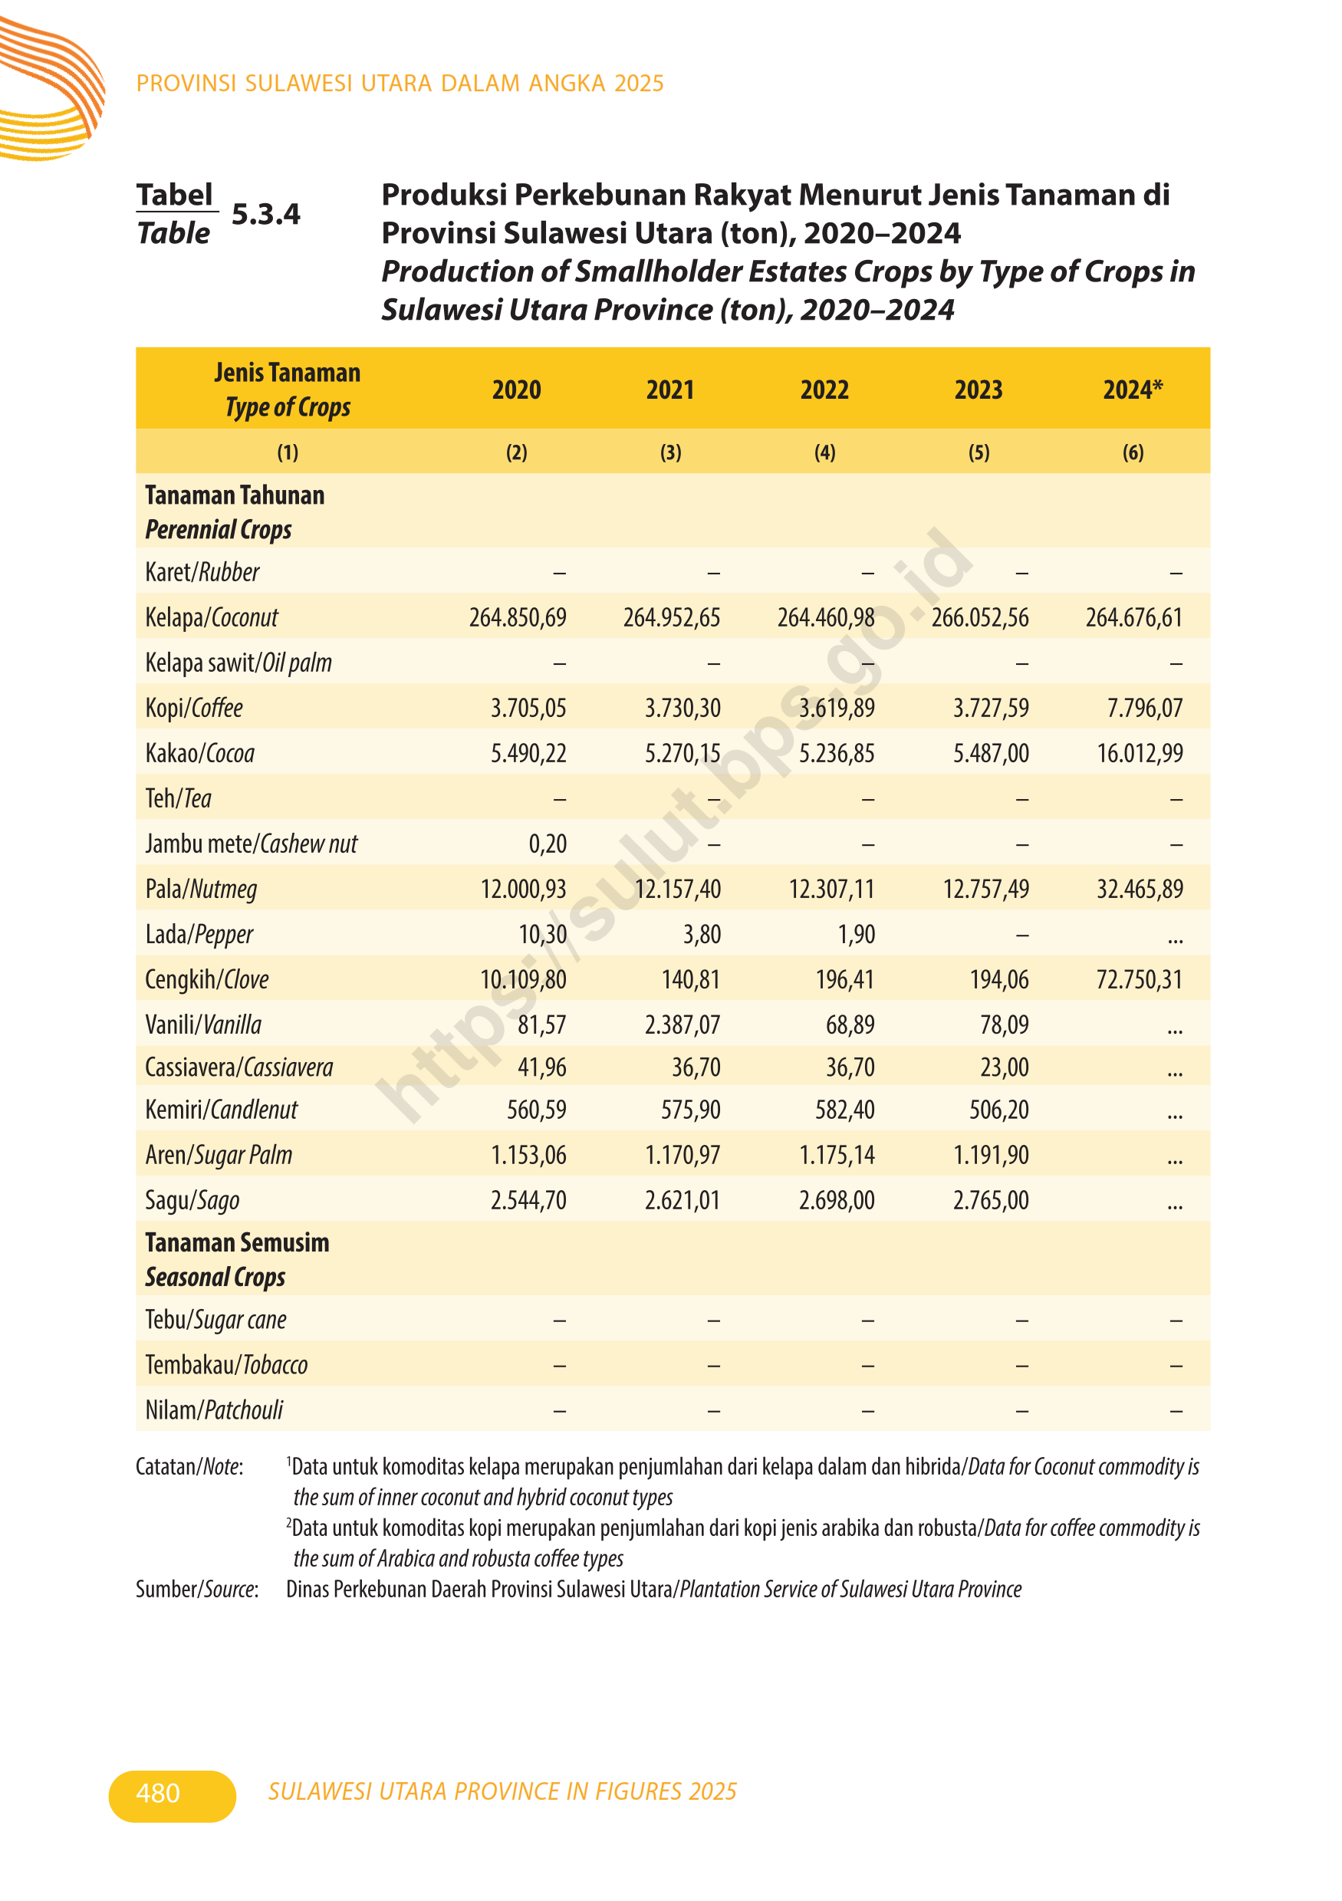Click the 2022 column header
click(824, 390)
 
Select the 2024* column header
click(1132, 390)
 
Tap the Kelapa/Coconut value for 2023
click(979, 617)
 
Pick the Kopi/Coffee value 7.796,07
click(1144, 708)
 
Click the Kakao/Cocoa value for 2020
click(528, 754)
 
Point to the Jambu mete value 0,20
click(548, 844)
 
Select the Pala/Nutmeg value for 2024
click(1140, 890)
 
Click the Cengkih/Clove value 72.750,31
click(1138, 979)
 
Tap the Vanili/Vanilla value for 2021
click(683, 1025)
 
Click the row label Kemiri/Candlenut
click(221, 1110)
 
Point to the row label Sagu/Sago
click(192, 1201)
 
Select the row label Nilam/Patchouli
click(214, 1410)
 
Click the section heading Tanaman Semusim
click(237, 1243)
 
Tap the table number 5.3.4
click(266, 215)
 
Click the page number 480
click(158, 1794)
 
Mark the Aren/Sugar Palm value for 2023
click(990, 1155)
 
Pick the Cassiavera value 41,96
click(541, 1067)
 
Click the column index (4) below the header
click(824, 453)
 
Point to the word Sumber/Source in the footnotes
click(197, 1590)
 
